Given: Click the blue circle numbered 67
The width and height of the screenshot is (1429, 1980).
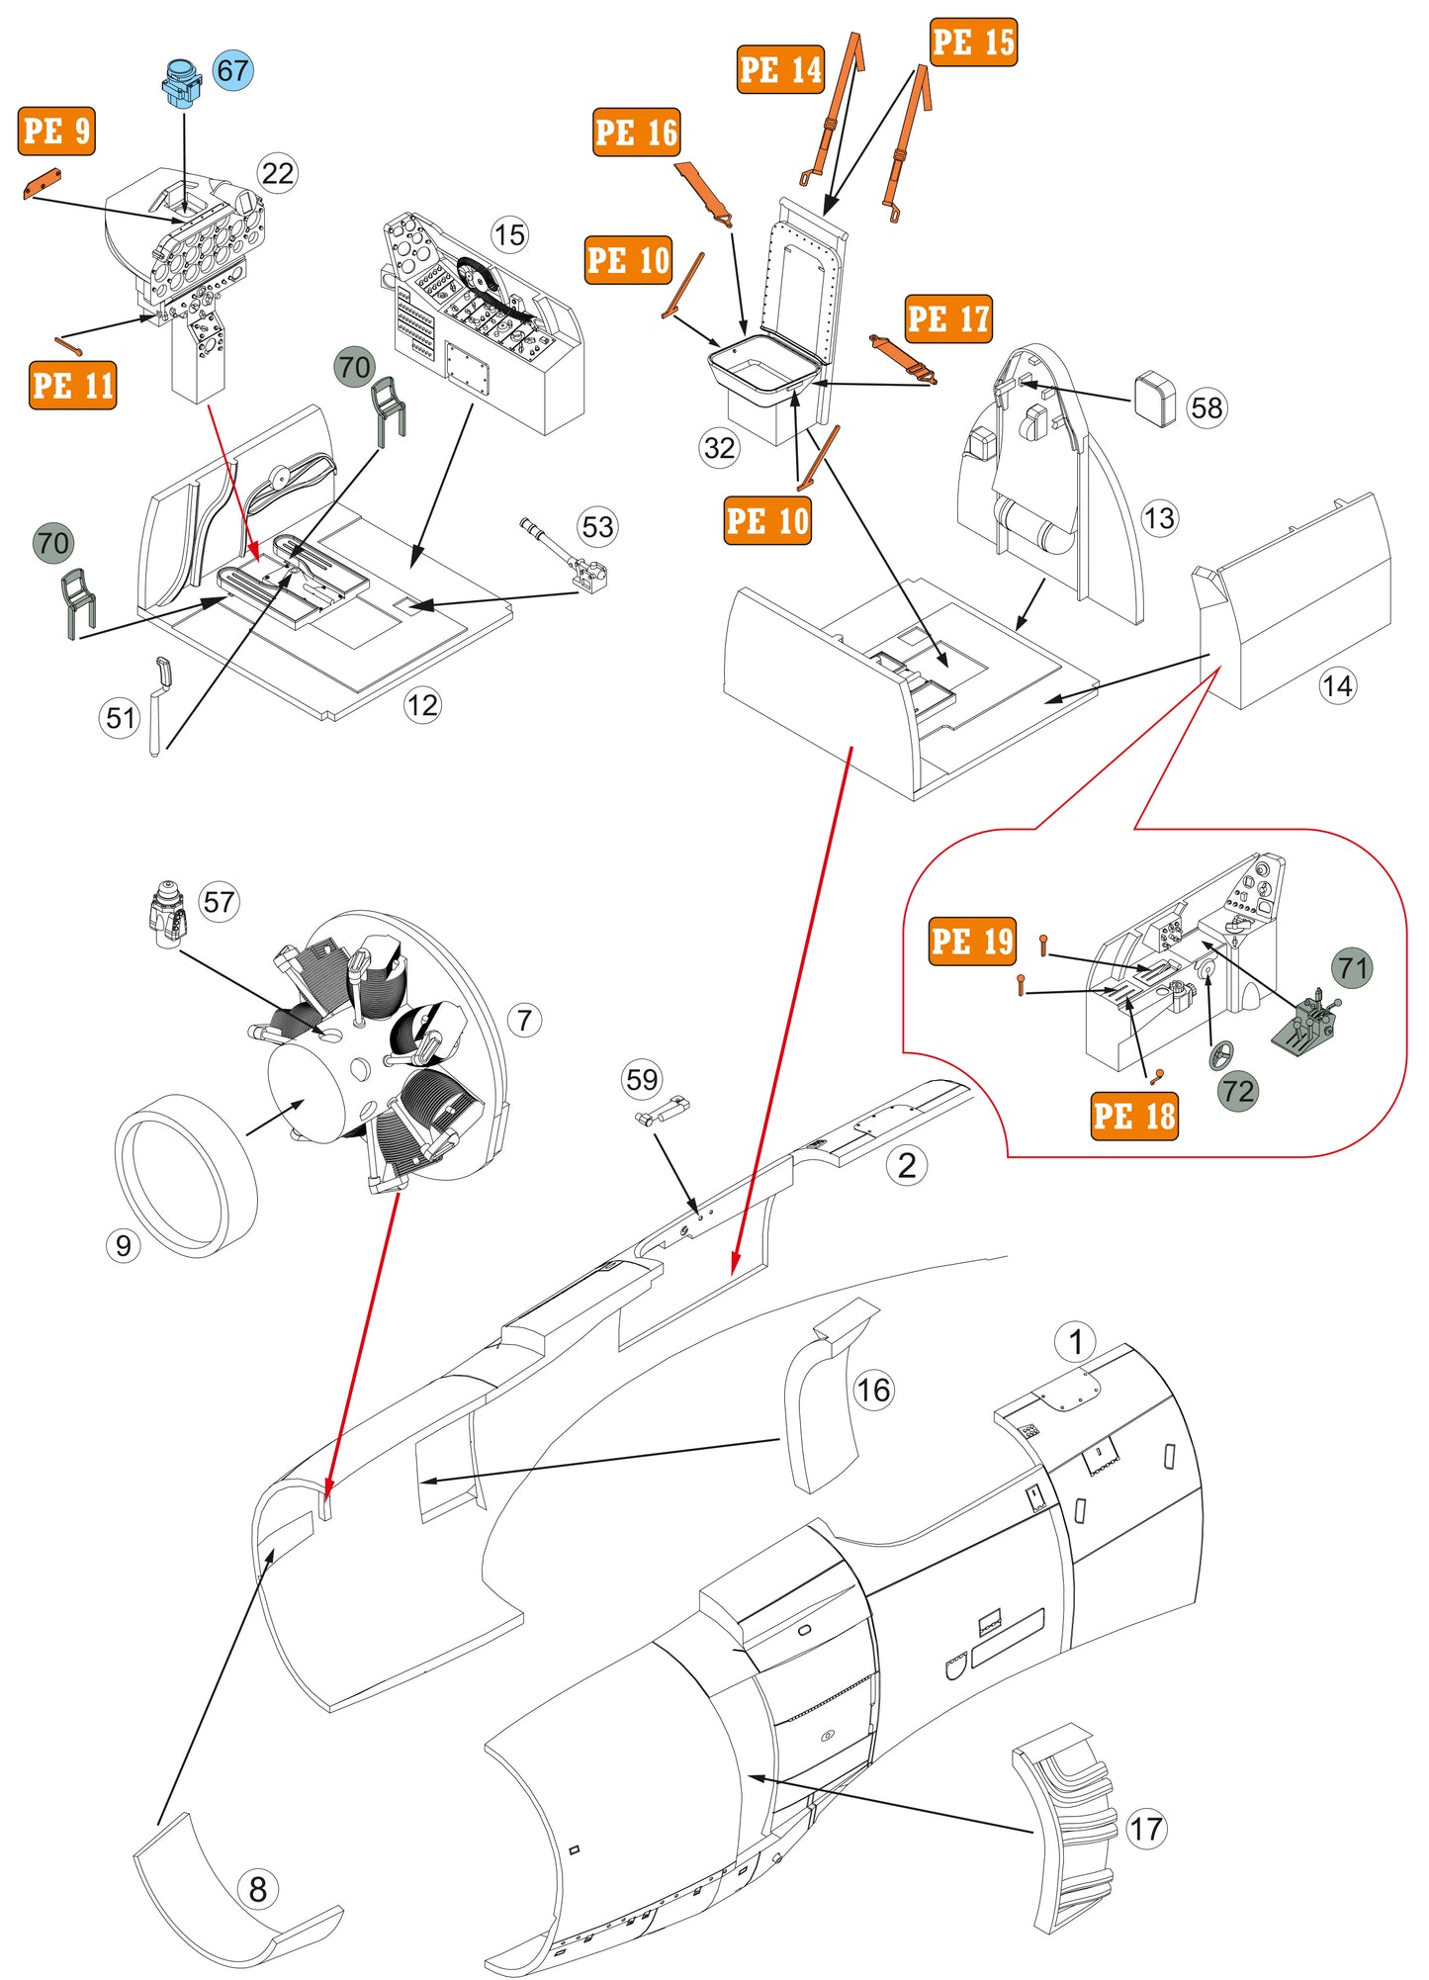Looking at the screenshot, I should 232,70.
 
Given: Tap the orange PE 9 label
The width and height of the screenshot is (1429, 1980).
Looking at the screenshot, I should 56,131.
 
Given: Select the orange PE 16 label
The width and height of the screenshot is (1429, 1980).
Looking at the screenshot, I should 637,133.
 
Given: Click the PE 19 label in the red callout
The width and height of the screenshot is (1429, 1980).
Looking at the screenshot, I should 972,941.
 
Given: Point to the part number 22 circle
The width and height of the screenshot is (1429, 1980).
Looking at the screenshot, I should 278,173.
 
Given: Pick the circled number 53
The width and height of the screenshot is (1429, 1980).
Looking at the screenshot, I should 597,526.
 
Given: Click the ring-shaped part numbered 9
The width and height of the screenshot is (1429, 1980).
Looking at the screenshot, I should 185,1174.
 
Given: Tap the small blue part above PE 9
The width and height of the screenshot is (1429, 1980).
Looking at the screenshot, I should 181,84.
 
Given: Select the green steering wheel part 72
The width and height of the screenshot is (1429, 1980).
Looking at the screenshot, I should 1221,1054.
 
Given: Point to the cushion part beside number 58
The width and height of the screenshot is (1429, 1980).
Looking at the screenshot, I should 1155,398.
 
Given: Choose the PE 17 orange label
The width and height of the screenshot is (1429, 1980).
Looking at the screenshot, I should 947,318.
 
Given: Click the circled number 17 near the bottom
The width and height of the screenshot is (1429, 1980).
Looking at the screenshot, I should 1146,1828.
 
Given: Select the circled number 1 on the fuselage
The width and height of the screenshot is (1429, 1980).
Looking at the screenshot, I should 1075,1342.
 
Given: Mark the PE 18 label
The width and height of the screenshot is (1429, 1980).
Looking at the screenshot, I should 1133,1116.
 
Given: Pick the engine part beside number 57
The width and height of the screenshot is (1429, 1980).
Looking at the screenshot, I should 168,914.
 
